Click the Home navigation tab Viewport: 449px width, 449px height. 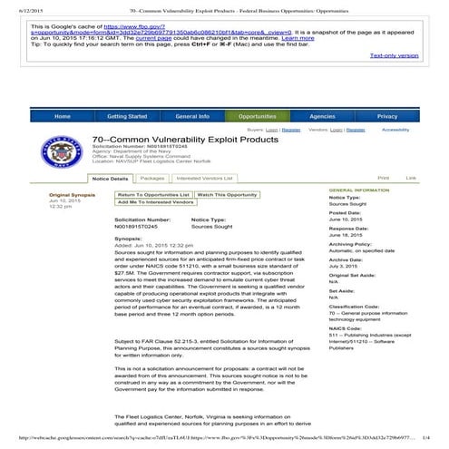[63, 117]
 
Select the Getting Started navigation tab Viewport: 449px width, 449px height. [127, 117]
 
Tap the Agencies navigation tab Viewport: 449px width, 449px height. [322, 117]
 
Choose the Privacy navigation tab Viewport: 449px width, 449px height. [387, 117]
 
